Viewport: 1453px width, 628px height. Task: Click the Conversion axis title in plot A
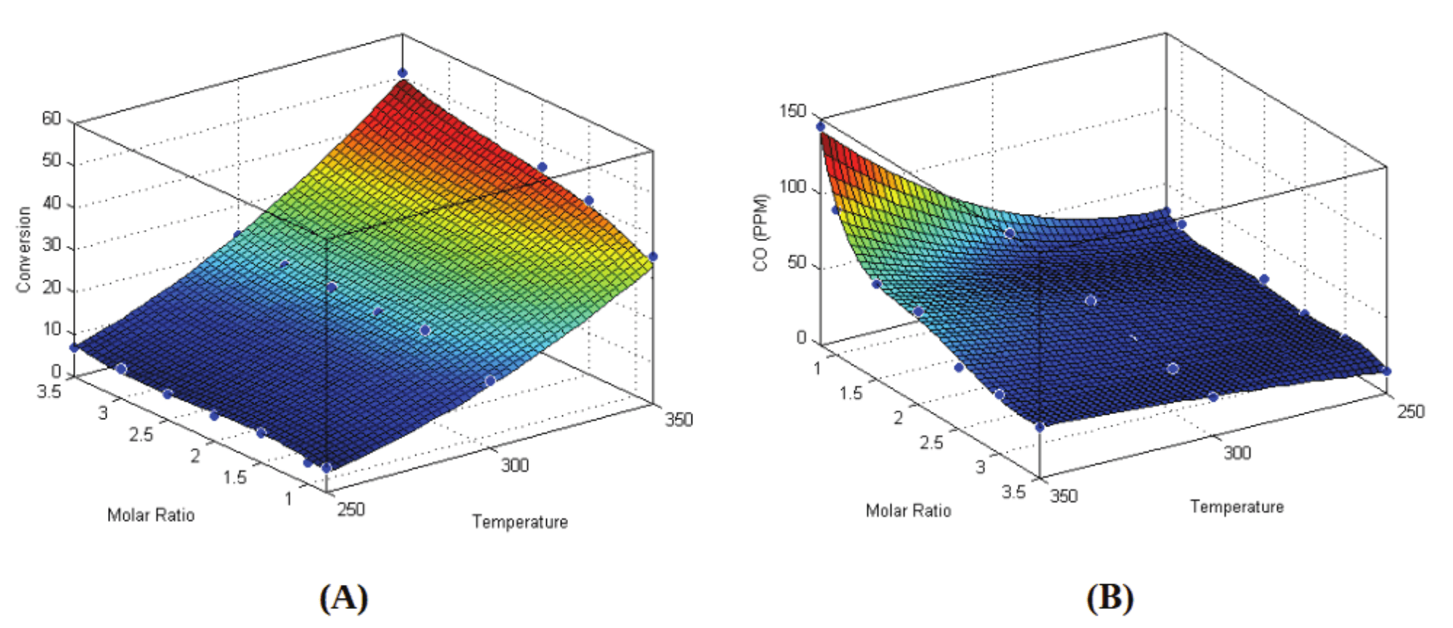pos(24,250)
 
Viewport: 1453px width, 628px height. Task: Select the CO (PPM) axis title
pos(762,232)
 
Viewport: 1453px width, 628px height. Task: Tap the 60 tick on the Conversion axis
pos(52,118)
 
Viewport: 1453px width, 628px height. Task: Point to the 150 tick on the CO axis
pos(792,112)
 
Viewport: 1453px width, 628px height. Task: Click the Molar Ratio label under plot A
pos(151,516)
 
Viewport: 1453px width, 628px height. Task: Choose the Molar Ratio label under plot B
pos(908,510)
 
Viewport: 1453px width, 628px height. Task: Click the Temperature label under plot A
pos(520,522)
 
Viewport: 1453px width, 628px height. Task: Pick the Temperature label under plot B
pos(1237,507)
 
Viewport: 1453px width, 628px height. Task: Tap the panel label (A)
pos(343,598)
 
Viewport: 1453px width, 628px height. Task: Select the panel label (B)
pos(1110,598)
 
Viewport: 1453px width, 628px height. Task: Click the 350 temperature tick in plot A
pos(678,420)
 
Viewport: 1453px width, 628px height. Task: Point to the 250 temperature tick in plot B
pos(1411,412)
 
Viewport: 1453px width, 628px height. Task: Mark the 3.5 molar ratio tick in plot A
pos(49,392)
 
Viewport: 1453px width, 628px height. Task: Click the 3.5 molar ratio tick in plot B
pos(1013,491)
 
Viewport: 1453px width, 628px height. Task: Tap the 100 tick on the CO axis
pos(792,187)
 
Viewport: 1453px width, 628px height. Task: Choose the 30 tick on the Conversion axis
pos(52,245)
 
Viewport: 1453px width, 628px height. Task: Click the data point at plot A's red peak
pos(402,73)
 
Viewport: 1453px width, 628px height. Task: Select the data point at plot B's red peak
pos(821,126)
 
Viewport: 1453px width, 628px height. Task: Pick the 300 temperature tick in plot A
pos(515,465)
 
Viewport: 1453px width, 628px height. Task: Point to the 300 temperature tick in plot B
pos(1238,453)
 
